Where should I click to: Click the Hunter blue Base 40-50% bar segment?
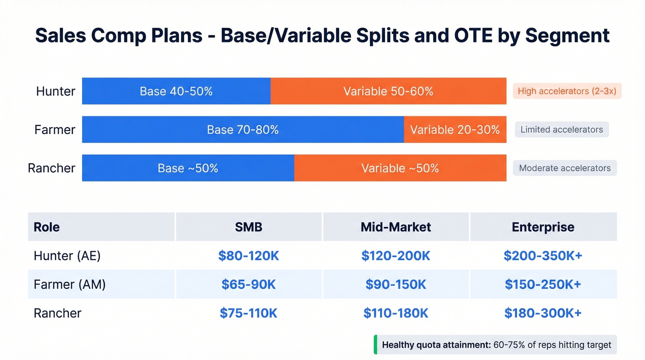pyautogui.click(x=176, y=91)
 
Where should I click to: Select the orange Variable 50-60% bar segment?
pyautogui.click(x=388, y=91)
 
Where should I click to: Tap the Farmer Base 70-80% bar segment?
pyautogui.click(x=243, y=130)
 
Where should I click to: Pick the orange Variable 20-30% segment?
pyautogui.click(x=455, y=130)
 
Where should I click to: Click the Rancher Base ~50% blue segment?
pyautogui.click(x=188, y=168)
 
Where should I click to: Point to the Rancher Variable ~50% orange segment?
pyautogui.click(x=400, y=168)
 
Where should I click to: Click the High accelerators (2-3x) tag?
pyautogui.click(x=567, y=91)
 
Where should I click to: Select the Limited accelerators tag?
pyautogui.click(x=562, y=130)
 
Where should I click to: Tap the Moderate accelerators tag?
pyautogui.click(x=565, y=168)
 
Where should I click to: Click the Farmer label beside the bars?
pyautogui.click(x=55, y=130)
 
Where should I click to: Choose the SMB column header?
pyautogui.click(x=249, y=227)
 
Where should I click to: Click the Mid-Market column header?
pyautogui.click(x=396, y=227)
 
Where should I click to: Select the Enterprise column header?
pyautogui.click(x=543, y=227)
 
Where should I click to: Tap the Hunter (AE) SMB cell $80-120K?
pyautogui.click(x=249, y=256)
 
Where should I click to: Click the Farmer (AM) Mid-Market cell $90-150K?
pyautogui.click(x=396, y=284)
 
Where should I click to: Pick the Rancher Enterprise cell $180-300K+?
pyautogui.click(x=543, y=313)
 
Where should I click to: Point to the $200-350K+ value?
pyautogui.click(x=543, y=256)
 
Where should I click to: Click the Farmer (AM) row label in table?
pyautogui.click(x=70, y=284)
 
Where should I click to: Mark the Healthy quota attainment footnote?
pyautogui.click(x=496, y=345)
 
